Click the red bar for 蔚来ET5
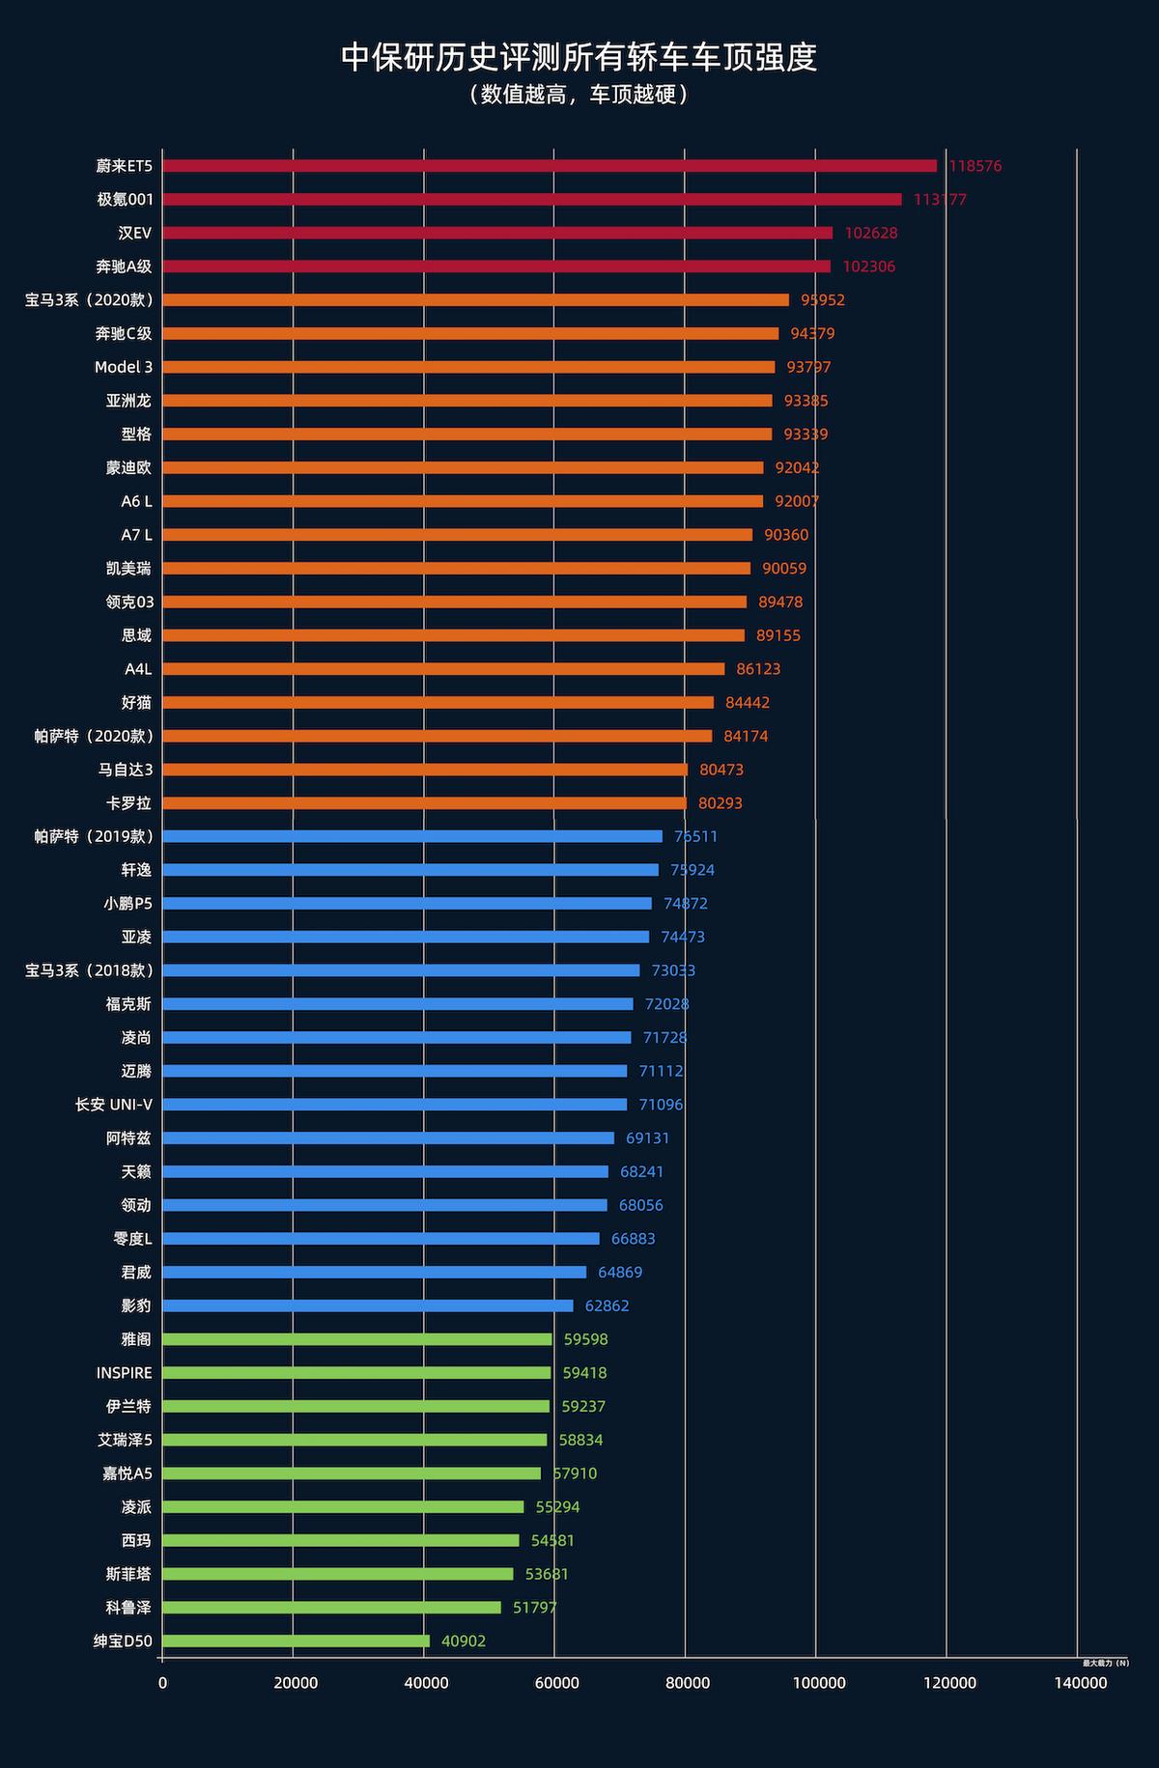click(550, 166)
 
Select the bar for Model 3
click(468, 367)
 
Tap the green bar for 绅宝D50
click(296, 1641)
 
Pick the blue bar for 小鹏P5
click(407, 904)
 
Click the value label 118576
click(975, 166)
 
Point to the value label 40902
click(464, 1642)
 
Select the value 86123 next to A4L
click(758, 669)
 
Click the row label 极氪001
click(125, 200)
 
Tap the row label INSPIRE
click(124, 1373)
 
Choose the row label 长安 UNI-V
click(114, 1105)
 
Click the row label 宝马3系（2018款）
click(89, 970)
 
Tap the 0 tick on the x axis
click(162, 1684)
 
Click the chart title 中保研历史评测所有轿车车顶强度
click(579, 58)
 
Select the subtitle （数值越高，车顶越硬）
click(579, 95)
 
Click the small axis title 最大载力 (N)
click(1105, 1663)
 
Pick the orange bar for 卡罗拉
click(424, 803)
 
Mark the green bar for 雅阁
click(357, 1339)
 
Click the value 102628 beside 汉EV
click(871, 234)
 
